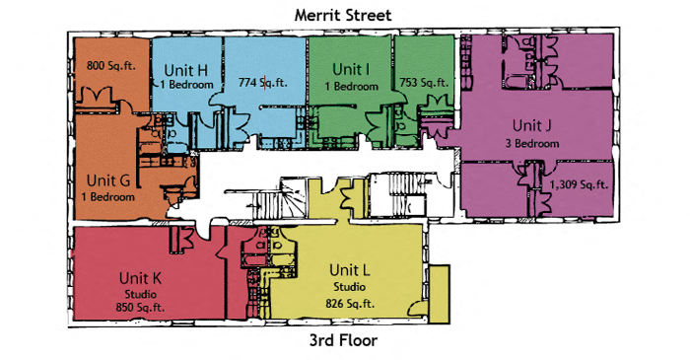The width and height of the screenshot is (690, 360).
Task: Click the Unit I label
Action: click(x=351, y=69)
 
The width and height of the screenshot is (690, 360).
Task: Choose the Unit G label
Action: click(x=108, y=180)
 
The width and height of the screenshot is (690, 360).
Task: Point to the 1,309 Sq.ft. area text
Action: click(x=578, y=183)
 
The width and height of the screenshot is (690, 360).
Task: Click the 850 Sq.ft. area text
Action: click(x=139, y=307)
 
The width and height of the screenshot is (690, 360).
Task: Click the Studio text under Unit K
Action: click(x=139, y=293)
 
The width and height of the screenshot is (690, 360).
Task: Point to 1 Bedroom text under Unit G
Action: click(x=108, y=196)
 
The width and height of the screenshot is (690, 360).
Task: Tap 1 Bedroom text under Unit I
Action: click(x=351, y=86)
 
